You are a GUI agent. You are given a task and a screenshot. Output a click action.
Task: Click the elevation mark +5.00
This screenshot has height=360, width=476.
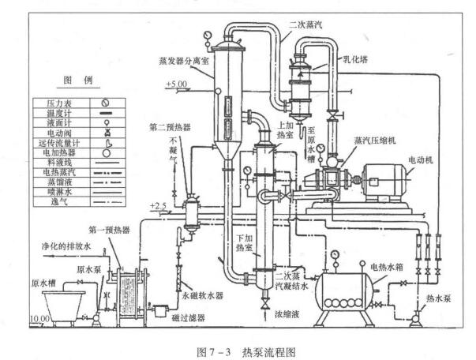(x=178, y=83)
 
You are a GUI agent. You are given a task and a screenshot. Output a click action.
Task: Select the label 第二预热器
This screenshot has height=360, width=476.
(x=167, y=128)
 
